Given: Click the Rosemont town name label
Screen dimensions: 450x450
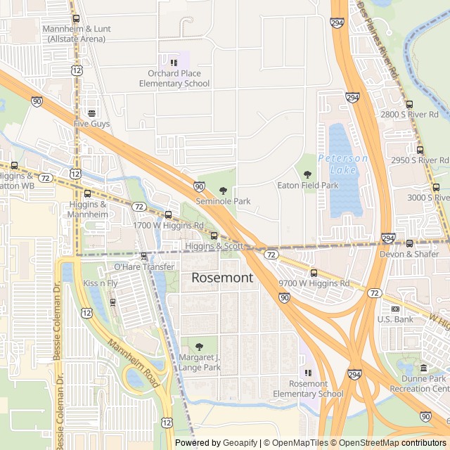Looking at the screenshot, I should click(222, 278).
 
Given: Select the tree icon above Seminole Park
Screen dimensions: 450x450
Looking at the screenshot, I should click(223, 191).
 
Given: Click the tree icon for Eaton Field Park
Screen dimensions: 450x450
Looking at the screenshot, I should click(307, 174).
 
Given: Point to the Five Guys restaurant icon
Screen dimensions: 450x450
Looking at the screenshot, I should click(91, 112).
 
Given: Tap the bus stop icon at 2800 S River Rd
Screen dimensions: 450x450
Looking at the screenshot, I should click(409, 103).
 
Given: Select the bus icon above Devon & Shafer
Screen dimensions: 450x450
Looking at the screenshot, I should click(409, 243).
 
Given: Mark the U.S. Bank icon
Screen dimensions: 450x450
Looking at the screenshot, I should click(395, 309).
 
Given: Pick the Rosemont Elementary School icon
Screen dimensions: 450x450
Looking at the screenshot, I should click(307, 373).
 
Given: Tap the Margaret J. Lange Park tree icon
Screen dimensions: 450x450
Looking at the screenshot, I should click(198, 346).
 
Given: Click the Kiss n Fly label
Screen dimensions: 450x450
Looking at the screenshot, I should click(100, 283).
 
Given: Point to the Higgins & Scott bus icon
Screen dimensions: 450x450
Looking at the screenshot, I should click(214, 236).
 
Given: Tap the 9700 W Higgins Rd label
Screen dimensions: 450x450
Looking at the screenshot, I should click(314, 283).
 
